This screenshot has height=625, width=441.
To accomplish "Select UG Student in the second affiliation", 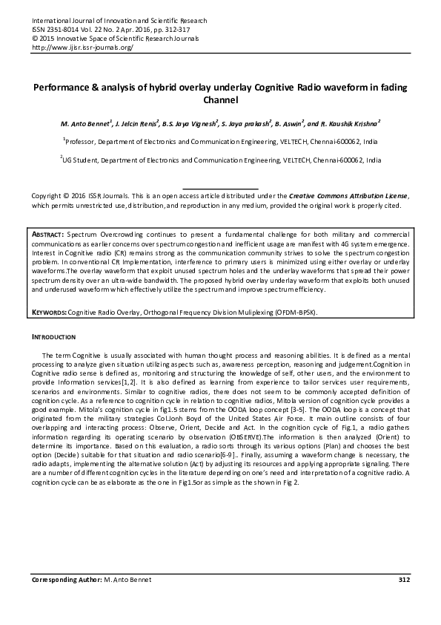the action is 79,159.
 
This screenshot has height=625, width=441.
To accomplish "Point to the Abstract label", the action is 48,233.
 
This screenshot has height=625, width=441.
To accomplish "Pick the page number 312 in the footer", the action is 404,580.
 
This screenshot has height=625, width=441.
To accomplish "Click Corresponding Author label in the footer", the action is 65,580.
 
